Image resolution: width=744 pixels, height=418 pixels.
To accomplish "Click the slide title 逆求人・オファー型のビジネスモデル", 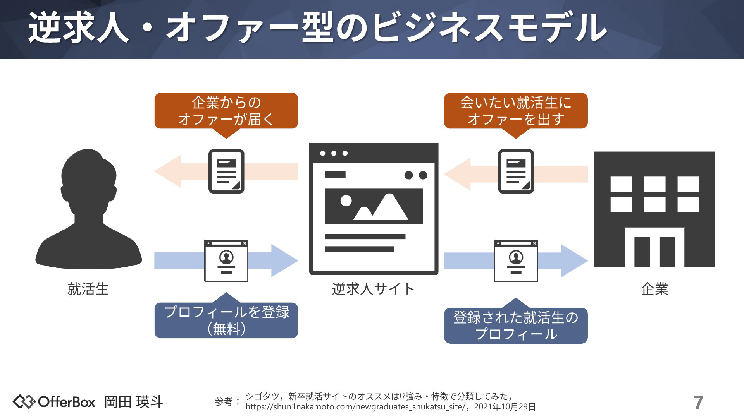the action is tap(318, 28).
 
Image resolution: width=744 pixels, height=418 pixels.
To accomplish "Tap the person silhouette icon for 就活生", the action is tap(89, 209).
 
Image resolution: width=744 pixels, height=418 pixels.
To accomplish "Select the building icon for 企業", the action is tap(654, 209).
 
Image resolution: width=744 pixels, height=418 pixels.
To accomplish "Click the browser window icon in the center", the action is tap(374, 209).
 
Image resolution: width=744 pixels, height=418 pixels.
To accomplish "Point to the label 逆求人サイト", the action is tap(373, 289).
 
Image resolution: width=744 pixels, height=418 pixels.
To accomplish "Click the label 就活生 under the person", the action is tap(88, 289).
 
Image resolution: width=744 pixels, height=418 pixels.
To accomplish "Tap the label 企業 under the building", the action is tap(654, 289).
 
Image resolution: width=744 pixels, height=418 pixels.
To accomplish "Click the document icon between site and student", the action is tap(226, 171).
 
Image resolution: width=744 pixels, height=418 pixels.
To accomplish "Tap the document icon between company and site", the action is tap(516, 171).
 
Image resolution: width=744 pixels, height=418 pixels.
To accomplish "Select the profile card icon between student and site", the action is tap(226, 260).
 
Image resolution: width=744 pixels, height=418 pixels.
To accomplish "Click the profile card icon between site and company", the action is tap(516, 260).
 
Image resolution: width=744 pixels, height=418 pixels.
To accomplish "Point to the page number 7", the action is tap(698, 403).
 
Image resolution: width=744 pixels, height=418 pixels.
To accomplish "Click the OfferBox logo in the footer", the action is tap(54, 402).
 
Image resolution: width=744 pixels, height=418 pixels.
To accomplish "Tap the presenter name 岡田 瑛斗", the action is tap(134, 402).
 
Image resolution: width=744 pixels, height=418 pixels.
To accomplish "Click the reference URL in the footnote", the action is tap(355, 407).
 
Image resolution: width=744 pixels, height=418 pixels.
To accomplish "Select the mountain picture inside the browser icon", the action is tap(374, 206).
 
